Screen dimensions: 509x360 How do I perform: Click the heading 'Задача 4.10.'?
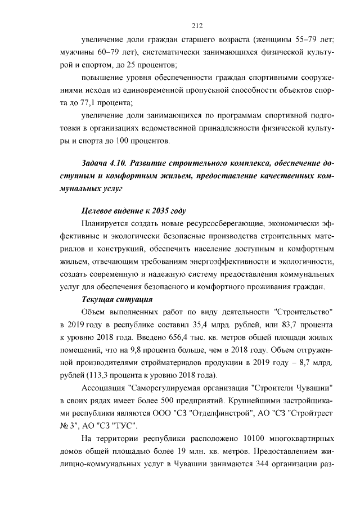coord(101,164)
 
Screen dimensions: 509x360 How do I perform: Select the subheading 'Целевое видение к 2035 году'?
coord(133,211)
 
